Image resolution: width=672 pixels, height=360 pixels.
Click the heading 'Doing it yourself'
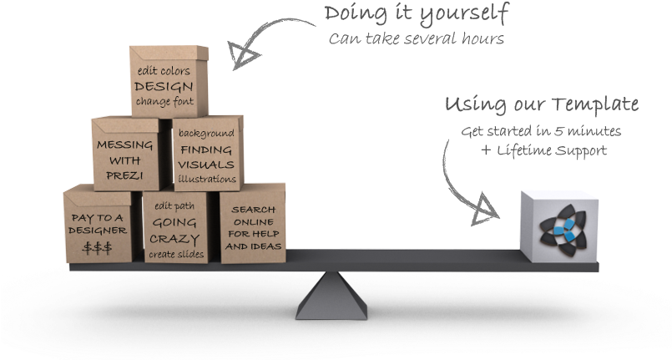[x=416, y=13]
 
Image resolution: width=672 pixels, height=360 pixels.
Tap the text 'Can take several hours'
[x=416, y=38]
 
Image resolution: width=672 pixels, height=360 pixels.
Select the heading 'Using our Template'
[x=541, y=104]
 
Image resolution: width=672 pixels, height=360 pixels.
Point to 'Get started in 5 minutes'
[x=541, y=131]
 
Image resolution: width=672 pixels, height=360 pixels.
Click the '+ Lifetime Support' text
[x=543, y=150]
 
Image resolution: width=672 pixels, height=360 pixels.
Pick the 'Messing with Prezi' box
[x=125, y=155]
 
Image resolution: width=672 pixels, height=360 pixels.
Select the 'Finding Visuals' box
[x=206, y=155]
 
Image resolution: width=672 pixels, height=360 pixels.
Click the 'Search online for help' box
[x=253, y=224]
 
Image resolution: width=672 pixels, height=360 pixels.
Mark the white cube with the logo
[x=558, y=224]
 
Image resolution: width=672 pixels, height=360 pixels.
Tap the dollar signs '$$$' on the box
[x=97, y=247]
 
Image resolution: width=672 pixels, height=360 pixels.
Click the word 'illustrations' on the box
[x=207, y=179]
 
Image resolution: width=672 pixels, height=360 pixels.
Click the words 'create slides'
[x=174, y=254]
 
